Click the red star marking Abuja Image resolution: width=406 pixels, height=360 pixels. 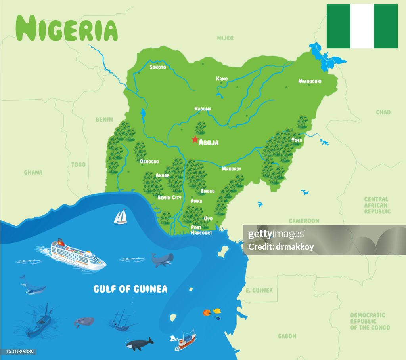(x=195, y=139)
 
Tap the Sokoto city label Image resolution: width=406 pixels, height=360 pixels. (x=158, y=67)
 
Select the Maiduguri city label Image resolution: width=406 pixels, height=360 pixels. (x=310, y=81)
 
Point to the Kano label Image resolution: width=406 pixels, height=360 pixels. (x=222, y=79)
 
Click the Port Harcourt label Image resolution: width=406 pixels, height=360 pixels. (x=201, y=230)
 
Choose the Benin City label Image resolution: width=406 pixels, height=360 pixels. (x=169, y=197)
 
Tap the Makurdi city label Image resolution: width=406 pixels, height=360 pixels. (x=231, y=169)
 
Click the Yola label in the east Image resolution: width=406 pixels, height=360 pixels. (x=297, y=140)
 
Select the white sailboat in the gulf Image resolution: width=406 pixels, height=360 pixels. (x=120, y=217)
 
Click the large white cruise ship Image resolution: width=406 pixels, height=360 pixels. (x=78, y=254)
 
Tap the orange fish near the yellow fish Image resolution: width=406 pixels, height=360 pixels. (x=207, y=313)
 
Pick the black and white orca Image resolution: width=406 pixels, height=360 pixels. (x=140, y=344)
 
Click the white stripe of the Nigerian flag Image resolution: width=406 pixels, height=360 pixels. (x=362, y=26)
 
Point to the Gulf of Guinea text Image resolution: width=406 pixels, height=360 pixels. (x=130, y=289)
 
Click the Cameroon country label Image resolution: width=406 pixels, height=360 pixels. (x=304, y=221)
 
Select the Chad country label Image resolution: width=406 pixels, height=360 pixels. (x=383, y=112)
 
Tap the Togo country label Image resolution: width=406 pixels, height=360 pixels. (x=78, y=164)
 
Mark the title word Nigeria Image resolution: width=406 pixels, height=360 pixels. (x=67, y=29)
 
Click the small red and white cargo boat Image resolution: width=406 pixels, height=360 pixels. (x=185, y=341)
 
